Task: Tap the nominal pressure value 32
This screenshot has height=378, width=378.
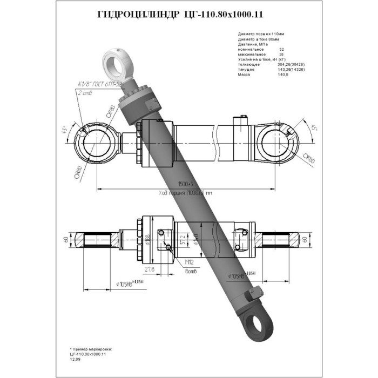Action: pos(281,49)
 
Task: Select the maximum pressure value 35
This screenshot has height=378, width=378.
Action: pos(281,55)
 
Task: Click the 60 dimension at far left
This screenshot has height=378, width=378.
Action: pos(66,239)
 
